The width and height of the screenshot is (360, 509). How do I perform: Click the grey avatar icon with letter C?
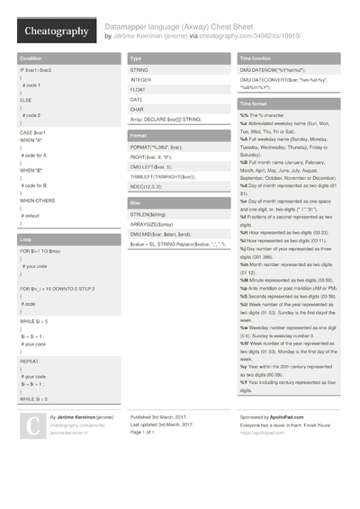click(32, 426)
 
